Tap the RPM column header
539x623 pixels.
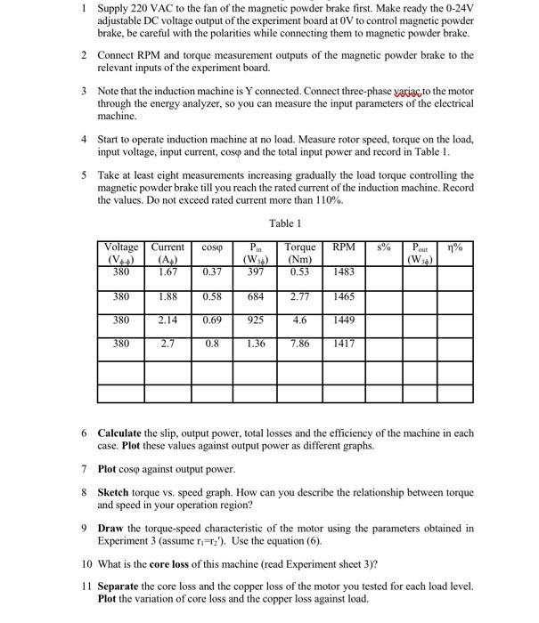point(344,247)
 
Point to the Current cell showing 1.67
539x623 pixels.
point(167,271)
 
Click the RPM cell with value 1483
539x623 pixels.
point(344,271)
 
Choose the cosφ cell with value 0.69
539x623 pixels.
point(212,319)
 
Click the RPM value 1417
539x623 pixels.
point(344,343)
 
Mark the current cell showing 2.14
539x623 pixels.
point(167,319)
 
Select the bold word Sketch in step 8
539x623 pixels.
point(114,491)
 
